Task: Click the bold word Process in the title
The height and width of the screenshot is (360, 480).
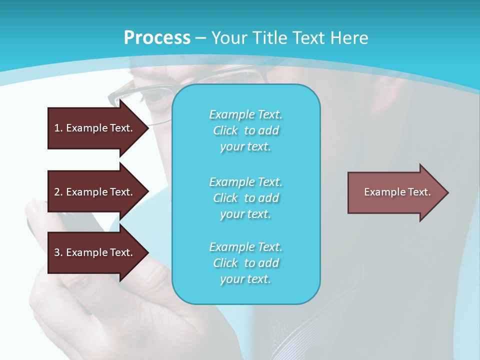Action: point(157,38)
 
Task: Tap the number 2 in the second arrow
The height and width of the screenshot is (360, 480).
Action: point(57,192)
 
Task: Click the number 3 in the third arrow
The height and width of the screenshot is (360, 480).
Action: point(57,252)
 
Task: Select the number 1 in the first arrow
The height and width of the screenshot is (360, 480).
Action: point(57,128)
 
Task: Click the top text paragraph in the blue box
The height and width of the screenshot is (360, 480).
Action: point(245,130)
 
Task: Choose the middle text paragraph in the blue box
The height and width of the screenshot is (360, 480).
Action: point(245,198)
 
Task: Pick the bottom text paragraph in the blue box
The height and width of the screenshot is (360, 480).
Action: point(245,263)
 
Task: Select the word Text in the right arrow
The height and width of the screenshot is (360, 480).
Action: point(419,192)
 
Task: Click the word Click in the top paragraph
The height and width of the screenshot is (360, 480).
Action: point(225,130)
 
